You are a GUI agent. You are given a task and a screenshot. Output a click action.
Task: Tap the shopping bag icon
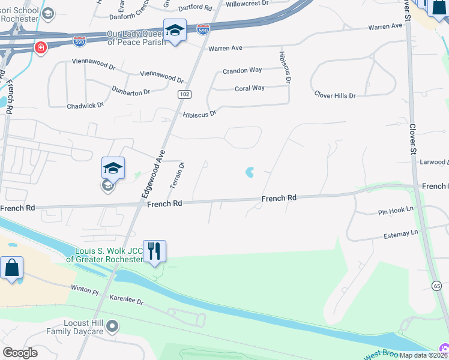[x=12, y=267]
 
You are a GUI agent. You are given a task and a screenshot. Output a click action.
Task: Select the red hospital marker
[x=41, y=47]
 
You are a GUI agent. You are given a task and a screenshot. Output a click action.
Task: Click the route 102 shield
[x=184, y=95]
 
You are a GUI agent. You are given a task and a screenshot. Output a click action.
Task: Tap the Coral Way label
[x=250, y=88]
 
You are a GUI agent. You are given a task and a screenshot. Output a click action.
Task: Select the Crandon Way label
[x=243, y=70]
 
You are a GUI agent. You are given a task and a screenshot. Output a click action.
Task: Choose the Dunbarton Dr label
[x=131, y=90]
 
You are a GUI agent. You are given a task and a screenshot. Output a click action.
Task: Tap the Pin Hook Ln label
[x=396, y=211]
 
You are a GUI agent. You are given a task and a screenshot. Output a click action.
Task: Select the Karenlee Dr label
[x=127, y=299]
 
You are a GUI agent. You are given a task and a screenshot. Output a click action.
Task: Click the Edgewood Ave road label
[x=152, y=175]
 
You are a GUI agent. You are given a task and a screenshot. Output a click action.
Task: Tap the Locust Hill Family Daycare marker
[x=112, y=326]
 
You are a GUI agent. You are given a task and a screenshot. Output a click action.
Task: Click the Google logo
[x=20, y=353]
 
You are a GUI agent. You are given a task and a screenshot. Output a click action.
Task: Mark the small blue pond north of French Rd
[x=249, y=173]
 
